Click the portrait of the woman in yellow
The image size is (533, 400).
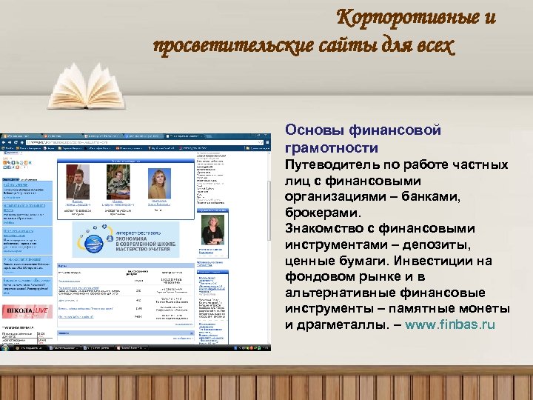coord(158,182)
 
